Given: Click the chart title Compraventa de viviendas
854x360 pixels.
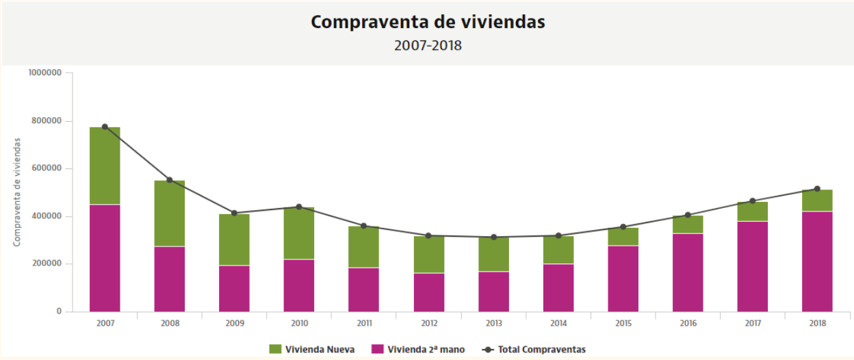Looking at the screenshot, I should pyautogui.click(x=428, y=22).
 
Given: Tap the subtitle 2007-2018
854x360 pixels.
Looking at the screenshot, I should pyautogui.click(x=428, y=46).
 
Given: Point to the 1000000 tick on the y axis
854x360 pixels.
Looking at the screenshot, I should pyautogui.click(x=45, y=73).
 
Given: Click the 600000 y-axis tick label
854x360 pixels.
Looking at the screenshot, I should pyautogui.click(x=47, y=168).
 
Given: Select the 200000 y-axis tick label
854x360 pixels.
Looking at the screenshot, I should pyautogui.click(x=47, y=263).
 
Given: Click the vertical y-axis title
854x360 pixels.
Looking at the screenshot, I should pyautogui.click(x=18, y=192).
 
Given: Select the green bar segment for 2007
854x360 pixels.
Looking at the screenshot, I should pyautogui.click(x=105, y=166).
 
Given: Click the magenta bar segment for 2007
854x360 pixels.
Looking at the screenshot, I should pyautogui.click(x=105, y=258).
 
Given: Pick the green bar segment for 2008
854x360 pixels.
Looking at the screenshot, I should pyautogui.click(x=169, y=213).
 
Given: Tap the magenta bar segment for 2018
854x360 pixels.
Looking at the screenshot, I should pyautogui.click(x=817, y=261).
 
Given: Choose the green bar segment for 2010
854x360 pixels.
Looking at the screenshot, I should pyautogui.click(x=299, y=233).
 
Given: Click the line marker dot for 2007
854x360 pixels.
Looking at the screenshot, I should pyautogui.click(x=105, y=127).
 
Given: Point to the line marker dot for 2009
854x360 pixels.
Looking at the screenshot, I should pyautogui.click(x=234, y=213).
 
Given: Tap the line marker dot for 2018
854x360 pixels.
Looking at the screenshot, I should pyautogui.click(x=817, y=189).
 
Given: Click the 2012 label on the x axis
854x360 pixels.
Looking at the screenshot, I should pyautogui.click(x=428, y=323).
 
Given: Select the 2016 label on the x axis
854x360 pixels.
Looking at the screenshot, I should pyautogui.click(x=688, y=323).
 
